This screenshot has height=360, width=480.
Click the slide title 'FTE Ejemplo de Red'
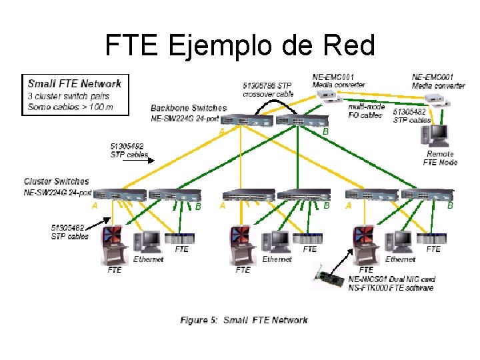point(240,45)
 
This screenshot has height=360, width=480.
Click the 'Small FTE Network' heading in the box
point(74,83)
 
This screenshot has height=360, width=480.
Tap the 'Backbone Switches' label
point(189,108)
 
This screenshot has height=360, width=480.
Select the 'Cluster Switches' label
point(56,181)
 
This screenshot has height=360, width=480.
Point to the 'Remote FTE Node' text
point(440,158)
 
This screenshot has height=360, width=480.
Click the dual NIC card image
point(330,274)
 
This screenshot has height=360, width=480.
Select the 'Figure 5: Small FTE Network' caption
point(244,320)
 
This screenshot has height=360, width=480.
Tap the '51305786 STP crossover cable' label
point(267,89)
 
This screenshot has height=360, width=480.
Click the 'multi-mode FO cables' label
point(366,111)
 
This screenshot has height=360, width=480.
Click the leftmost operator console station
point(112,244)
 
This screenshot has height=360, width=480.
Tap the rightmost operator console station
point(365,244)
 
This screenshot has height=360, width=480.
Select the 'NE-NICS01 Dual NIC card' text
point(391,279)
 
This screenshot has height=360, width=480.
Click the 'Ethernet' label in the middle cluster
point(277,259)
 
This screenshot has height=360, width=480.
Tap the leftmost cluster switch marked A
point(119,195)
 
